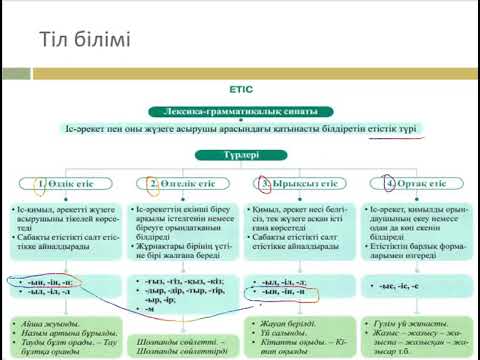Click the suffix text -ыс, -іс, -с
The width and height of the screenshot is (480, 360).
point(409,287)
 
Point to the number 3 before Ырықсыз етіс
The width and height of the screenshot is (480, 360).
point(264,185)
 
